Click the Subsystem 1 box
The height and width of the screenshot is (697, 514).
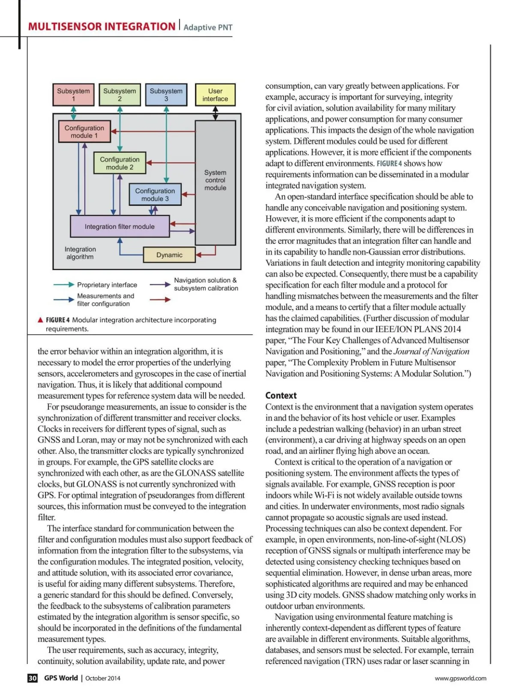(x=73, y=95)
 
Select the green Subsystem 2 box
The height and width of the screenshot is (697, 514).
(x=120, y=95)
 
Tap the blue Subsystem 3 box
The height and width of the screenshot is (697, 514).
(x=166, y=95)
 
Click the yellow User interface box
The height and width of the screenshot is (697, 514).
(x=215, y=95)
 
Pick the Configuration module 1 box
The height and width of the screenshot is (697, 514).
(x=84, y=132)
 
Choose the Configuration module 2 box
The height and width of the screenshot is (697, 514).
(x=120, y=163)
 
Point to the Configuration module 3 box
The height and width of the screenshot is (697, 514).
(x=155, y=194)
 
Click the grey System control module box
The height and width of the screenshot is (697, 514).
(x=215, y=182)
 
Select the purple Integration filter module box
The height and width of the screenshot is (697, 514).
(x=120, y=226)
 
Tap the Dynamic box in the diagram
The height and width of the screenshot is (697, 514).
(x=169, y=255)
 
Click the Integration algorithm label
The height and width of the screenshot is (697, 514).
(x=80, y=253)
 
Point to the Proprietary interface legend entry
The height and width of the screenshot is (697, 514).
(x=107, y=285)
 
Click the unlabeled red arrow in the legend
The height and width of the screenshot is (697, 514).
(x=160, y=300)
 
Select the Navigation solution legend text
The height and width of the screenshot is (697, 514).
(x=206, y=284)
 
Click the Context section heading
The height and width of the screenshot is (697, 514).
(x=281, y=395)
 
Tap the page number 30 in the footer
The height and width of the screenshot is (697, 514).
(x=33, y=678)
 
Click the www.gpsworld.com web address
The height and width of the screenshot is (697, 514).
(x=460, y=678)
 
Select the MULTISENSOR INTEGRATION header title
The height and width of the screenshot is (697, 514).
(x=102, y=27)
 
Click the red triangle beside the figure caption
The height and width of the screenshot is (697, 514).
(x=40, y=320)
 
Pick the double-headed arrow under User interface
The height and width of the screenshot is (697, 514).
(x=215, y=113)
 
